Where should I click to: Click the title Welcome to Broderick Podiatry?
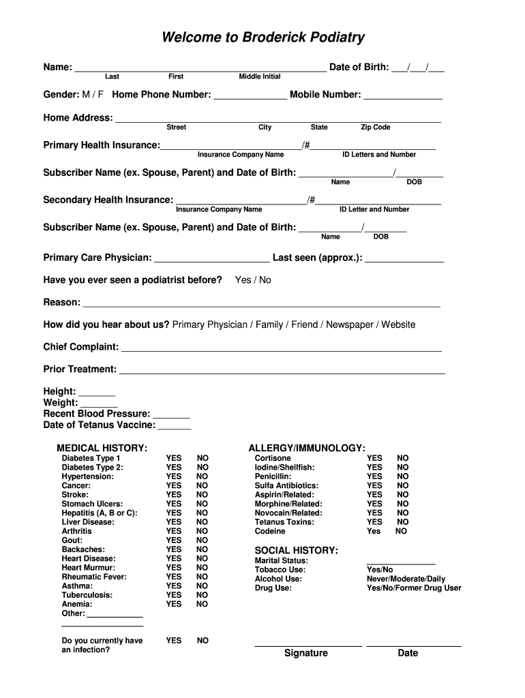pyautogui.click(x=262, y=38)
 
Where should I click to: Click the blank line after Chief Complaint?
pyautogui.click(x=281, y=349)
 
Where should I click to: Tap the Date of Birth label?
pyautogui.click(x=359, y=67)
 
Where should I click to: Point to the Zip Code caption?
pyautogui.click(x=376, y=127)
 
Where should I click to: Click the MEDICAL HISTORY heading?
pyautogui.click(x=102, y=448)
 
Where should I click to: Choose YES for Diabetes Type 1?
pyautogui.click(x=174, y=459)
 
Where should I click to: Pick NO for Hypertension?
pyautogui.click(x=202, y=476)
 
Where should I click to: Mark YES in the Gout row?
pyautogui.click(x=174, y=541)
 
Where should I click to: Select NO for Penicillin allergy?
pyautogui.click(x=403, y=476)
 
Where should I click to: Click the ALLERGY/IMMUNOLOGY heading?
pyautogui.click(x=307, y=448)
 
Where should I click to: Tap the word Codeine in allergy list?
pyautogui.click(x=270, y=531)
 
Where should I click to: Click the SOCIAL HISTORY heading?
pyautogui.click(x=297, y=550)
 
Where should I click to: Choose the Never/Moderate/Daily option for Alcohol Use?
pyautogui.click(x=406, y=579)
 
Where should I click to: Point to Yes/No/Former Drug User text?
pyautogui.click(x=414, y=588)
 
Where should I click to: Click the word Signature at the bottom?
pyautogui.click(x=306, y=653)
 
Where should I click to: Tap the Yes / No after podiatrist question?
pyautogui.click(x=253, y=280)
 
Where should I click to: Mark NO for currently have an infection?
pyautogui.click(x=202, y=641)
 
